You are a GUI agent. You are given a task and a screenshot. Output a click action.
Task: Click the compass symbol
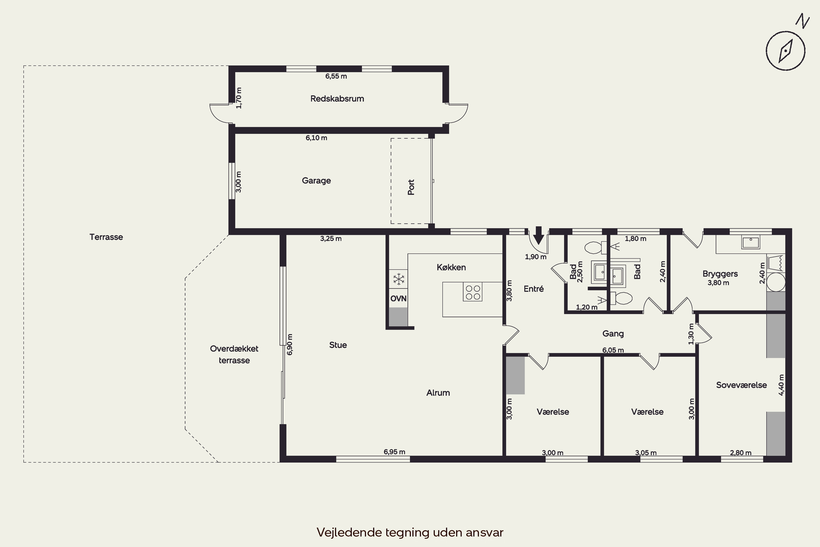point(786,51)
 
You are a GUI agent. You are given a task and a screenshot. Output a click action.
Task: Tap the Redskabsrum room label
point(337,99)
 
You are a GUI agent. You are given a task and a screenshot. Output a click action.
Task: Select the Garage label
point(316,181)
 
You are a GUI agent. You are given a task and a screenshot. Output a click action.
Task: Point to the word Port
point(411,187)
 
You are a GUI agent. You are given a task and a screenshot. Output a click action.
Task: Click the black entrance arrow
point(539,235)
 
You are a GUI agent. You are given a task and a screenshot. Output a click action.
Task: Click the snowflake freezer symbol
point(399,279)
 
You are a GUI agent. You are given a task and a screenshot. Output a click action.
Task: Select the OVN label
point(398,299)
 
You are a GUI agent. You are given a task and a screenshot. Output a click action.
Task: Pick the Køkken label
point(451,267)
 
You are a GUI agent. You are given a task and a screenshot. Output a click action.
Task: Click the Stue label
point(338,345)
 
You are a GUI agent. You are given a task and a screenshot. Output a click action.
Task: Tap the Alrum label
point(438,393)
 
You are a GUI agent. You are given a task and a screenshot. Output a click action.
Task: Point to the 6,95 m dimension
point(394,452)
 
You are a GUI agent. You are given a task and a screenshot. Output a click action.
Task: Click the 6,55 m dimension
point(336,76)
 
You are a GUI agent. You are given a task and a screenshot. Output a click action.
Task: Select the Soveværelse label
point(741,385)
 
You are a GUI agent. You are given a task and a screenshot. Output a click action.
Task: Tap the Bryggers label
point(720,274)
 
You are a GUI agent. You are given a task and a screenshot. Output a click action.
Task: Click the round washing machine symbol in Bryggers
point(776,282)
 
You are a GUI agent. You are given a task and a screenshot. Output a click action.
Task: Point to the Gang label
point(613,334)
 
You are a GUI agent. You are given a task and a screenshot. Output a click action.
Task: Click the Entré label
point(534,289)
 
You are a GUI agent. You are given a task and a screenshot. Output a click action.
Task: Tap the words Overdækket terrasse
point(234,354)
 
